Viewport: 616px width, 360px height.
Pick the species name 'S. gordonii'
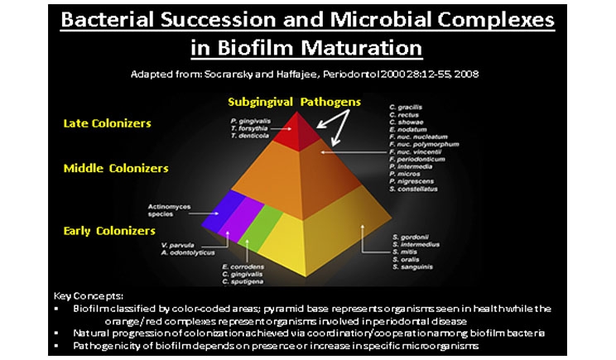coord(411,238)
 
